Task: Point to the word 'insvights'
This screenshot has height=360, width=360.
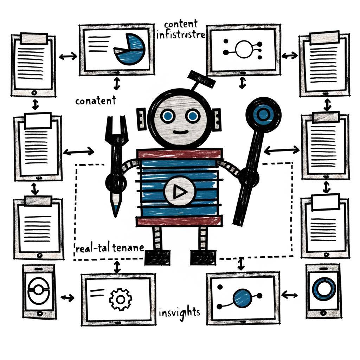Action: (x=179, y=312)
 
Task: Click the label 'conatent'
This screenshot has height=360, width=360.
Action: (x=96, y=101)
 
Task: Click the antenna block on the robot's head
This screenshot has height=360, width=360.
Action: (x=201, y=79)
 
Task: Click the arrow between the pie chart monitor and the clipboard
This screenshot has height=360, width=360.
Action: (x=67, y=56)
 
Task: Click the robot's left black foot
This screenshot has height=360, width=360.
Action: (x=157, y=257)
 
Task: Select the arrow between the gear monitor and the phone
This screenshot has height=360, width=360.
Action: (x=67, y=298)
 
